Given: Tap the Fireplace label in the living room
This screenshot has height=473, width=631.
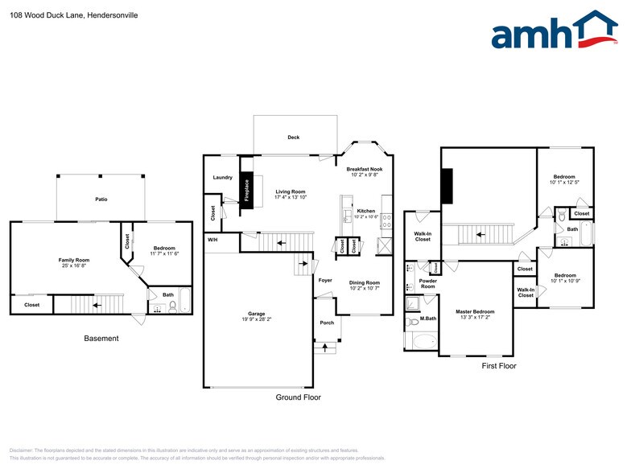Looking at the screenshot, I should click(246, 191).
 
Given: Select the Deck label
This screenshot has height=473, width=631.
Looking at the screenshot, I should click(294, 138).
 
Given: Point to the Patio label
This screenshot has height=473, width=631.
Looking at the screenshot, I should click(101, 199).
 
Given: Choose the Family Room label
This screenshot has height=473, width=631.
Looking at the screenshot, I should click(73, 260).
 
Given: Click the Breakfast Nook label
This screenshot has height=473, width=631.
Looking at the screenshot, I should click(364, 169).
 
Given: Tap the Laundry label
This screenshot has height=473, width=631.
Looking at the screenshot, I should click(223, 177).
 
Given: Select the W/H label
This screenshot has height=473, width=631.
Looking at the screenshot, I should click(212, 240).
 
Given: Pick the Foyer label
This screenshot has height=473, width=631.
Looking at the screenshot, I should click(325, 280).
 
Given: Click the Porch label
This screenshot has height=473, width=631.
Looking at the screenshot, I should click(327, 323).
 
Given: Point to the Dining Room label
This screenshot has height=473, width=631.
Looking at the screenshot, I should click(364, 282).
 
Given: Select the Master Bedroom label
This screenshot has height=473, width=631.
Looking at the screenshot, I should click(475, 311).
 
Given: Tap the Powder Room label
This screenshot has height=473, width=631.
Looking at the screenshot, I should click(428, 284).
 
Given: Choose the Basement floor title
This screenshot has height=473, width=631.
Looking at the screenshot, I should click(101, 339).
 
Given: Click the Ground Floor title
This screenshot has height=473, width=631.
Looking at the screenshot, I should click(298, 397).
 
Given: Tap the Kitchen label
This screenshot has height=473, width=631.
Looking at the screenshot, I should click(366, 210).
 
